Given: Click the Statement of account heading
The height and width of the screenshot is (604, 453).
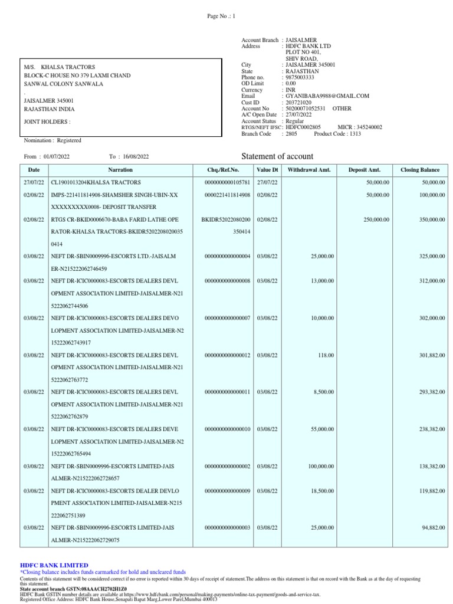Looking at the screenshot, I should [278, 156].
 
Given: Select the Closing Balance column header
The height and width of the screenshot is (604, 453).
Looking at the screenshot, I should [420, 170].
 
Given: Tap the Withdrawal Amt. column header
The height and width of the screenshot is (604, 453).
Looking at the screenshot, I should [309, 170].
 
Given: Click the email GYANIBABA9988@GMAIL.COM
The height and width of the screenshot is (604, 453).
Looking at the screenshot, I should [327, 96].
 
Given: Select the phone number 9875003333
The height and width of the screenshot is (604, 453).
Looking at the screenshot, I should [300, 77].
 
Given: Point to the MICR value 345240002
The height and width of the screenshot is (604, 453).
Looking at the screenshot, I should [368, 127].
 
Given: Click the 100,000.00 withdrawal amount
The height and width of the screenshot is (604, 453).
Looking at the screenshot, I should [321, 466].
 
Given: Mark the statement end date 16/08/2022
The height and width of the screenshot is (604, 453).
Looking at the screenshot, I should [136, 156].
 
